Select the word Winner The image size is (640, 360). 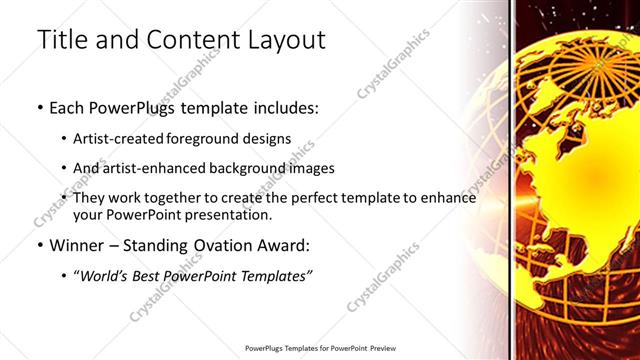76,245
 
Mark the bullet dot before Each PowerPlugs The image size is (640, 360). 39,106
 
